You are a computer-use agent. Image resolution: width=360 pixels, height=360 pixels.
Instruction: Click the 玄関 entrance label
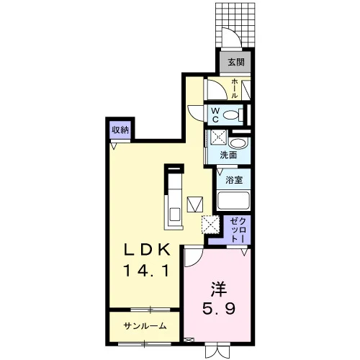pyautogui.click(x=236, y=62)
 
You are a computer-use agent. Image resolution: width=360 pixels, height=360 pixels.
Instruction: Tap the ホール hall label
pyautogui.click(x=235, y=89)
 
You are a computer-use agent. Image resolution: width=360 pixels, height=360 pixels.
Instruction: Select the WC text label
pyautogui.click(x=215, y=115)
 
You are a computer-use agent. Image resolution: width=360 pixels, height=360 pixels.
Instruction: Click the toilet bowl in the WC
pyautogui.click(x=231, y=114)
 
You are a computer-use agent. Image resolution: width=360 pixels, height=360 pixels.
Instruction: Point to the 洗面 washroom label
pyautogui.click(x=228, y=156)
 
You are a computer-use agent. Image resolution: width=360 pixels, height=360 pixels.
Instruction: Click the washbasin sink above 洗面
pyautogui.click(x=237, y=144)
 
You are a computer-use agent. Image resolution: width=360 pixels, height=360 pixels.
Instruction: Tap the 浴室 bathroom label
pyautogui.click(x=234, y=180)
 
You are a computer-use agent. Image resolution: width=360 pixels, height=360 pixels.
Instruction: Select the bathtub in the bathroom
pyautogui.click(x=234, y=201)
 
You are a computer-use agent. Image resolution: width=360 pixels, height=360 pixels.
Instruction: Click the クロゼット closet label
pyautogui.click(x=238, y=229)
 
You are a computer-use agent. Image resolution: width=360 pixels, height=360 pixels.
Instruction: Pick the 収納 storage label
pyautogui.click(x=120, y=130)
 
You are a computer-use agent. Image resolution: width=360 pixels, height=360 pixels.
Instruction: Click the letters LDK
pyautogui.click(x=147, y=251)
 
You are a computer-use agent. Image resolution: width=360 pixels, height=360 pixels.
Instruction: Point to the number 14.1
pyautogui.click(x=146, y=271)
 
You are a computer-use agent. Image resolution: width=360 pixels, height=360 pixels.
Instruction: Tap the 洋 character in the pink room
pyautogui.click(x=219, y=289)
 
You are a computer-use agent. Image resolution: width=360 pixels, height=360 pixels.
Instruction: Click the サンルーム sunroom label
pyautogui.click(x=145, y=325)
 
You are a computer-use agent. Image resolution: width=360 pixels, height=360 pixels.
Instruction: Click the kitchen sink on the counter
pyautogui.click(x=175, y=215)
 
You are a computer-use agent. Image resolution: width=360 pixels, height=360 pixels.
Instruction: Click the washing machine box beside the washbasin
pyautogui.click(x=218, y=137)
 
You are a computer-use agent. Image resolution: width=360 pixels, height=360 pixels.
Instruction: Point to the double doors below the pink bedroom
pyautogui.click(x=217, y=351)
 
